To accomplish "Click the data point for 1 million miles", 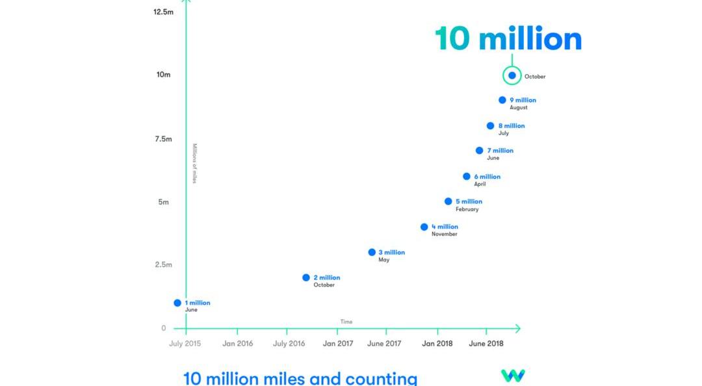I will (177, 303).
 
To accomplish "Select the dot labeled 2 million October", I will (306, 277).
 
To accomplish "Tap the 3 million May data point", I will (372, 252).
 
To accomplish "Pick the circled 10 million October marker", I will (512, 75).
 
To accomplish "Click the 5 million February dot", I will (448, 201).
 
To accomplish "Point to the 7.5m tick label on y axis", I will (162, 139).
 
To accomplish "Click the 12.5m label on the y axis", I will (162, 12).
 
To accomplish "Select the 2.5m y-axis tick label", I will (162, 264).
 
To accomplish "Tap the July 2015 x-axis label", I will (185, 344).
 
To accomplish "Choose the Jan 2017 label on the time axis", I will (338, 344).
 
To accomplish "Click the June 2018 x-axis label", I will (486, 344).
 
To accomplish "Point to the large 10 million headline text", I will (508, 39).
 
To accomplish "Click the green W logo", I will (513, 376).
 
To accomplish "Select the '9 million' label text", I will (523, 100).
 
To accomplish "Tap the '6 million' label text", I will (487, 177).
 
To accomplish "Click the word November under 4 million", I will (444, 234).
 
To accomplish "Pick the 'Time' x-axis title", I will (346, 322).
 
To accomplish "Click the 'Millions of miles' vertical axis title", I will (194, 163).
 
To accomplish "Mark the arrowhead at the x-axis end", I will (517, 329).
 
